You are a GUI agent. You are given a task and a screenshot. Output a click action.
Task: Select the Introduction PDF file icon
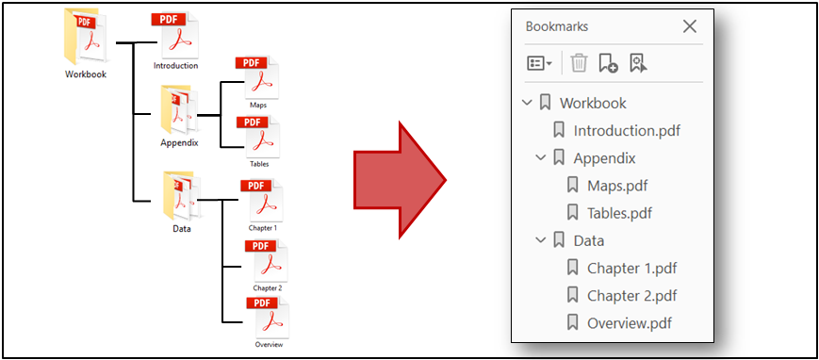[x=175, y=35]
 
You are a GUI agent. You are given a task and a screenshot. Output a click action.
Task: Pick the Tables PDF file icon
[x=259, y=138]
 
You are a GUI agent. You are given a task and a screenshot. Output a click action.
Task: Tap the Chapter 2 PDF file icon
[x=266, y=260]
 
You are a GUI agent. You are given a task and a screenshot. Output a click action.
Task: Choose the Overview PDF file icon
[x=268, y=318]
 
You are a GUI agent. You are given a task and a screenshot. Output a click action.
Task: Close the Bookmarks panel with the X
[x=689, y=26]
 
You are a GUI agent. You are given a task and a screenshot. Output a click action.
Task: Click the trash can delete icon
[x=579, y=63]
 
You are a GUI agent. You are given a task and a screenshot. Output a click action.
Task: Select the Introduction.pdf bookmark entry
[x=626, y=131]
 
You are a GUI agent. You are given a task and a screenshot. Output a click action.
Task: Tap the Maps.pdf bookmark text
[x=617, y=186]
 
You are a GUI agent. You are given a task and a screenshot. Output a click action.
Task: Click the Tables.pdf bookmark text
[x=619, y=213]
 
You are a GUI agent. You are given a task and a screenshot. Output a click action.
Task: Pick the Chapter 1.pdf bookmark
[x=631, y=268]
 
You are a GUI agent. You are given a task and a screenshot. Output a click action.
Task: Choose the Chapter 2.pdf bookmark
[x=631, y=295]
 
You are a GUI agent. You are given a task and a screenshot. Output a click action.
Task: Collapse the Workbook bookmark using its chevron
[x=527, y=103]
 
